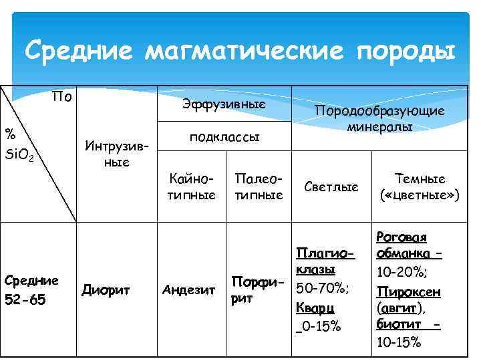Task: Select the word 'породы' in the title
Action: point(401,51)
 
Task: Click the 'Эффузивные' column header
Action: point(224,105)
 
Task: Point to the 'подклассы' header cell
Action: point(224,137)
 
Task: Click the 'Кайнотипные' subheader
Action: point(192,187)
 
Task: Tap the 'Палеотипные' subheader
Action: point(259,187)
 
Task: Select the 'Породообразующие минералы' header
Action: point(379,118)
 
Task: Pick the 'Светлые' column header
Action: point(331,187)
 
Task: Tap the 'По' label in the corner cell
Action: point(62,98)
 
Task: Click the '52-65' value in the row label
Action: point(25,300)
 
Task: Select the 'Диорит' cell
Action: point(105,290)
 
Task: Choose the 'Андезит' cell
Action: point(189,290)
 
